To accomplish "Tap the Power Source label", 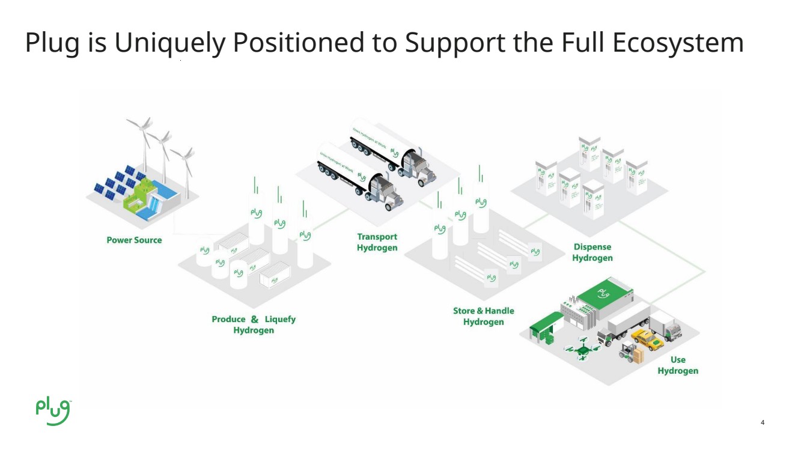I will (134, 240).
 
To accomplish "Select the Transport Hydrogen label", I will (377, 242).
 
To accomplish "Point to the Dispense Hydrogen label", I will (592, 252).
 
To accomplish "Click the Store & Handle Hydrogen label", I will (483, 317).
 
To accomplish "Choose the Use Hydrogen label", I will (678, 365).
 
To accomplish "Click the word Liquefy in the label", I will (280, 320).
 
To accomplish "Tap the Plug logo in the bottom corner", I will (53, 410).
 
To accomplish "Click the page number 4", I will (763, 422).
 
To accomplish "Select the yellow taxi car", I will (647, 340).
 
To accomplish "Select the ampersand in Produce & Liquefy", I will (255, 320).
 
